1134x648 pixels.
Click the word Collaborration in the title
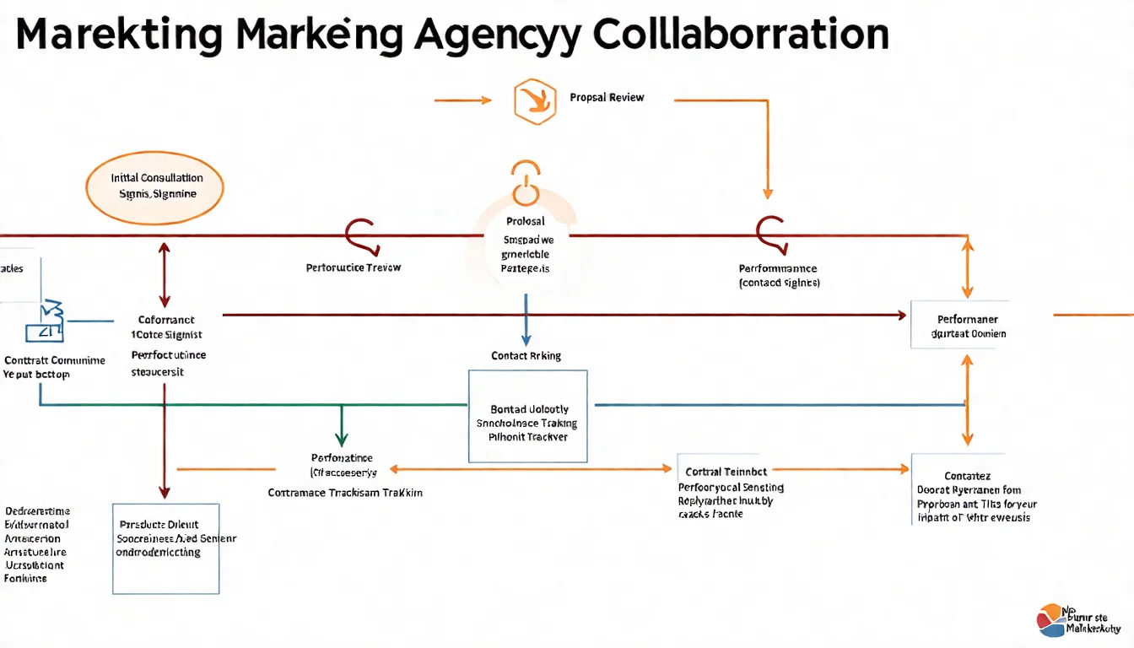741,35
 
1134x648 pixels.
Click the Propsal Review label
607,98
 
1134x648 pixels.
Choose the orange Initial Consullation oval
155,186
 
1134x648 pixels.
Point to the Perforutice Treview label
354,267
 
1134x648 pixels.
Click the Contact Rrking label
526,356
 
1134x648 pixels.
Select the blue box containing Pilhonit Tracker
527,416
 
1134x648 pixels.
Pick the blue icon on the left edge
46,321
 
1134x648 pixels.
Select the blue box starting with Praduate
165,548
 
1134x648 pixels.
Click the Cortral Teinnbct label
726,472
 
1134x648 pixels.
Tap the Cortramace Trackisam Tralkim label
345,492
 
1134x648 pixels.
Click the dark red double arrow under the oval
164,273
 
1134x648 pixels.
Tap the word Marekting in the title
119,35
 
